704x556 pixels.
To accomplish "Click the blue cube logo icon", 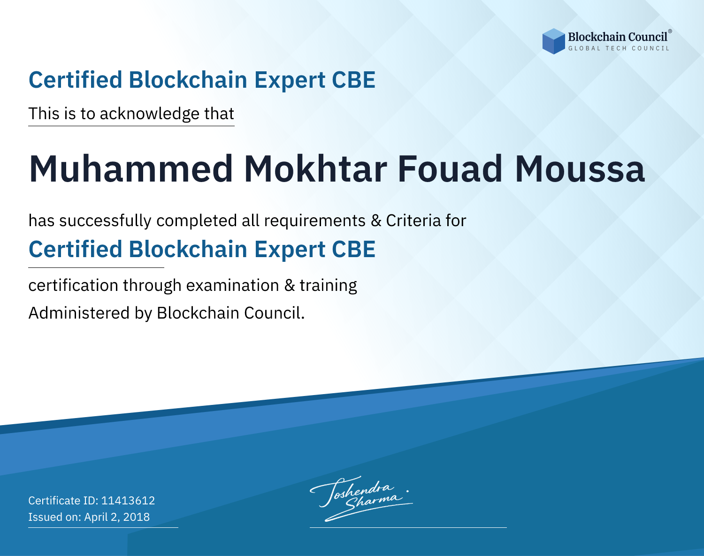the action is click(553, 41).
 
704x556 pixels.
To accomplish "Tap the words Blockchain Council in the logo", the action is click(618, 37).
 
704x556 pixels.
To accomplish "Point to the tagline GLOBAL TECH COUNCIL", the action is click(619, 48).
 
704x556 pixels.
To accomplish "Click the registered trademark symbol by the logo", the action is click(670, 31).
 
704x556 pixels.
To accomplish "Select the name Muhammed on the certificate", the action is click(131, 169).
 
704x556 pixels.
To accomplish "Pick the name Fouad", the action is click(450, 169).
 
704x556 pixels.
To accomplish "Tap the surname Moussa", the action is click(580, 169).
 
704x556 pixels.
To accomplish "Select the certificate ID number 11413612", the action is click(128, 500).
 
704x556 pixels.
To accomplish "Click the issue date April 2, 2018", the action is click(117, 517).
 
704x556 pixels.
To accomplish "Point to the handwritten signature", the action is click(361, 499).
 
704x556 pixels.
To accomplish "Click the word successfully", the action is click(105, 221).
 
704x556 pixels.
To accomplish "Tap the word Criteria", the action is click(413, 221).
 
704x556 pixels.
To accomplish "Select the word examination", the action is click(233, 285).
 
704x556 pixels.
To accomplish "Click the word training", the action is click(329, 286).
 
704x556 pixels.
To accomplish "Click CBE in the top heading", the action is click(353, 80).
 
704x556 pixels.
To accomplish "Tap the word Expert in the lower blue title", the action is click(290, 250).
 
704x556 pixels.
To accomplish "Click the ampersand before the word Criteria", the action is click(376, 221).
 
